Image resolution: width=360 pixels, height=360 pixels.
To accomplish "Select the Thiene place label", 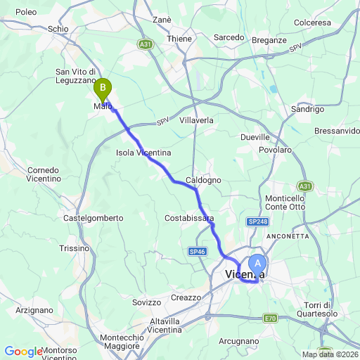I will pyautogui.click(x=179, y=39).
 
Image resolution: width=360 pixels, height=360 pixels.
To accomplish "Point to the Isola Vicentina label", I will pyautogui.click(x=143, y=152).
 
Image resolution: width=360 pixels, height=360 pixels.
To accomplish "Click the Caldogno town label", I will pyautogui.click(x=203, y=181).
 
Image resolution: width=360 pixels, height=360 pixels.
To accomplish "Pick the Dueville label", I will pyautogui.click(x=255, y=137).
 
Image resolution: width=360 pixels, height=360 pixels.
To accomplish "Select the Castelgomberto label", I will pyautogui.click(x=94, y=219).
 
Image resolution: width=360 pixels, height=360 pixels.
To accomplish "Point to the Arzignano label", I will pyautogui.click(x=34, y=309).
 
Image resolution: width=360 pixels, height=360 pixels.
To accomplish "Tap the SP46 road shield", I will pyautogui.click(x=197, y=251).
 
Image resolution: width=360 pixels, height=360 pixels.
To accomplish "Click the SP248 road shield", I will pyautogui.click(x=258, y=221).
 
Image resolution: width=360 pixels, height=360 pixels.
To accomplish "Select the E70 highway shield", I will pyautogui.click(x=271, y=319).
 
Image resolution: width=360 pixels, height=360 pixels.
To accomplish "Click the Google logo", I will pyautogui.click(x=22, y=352).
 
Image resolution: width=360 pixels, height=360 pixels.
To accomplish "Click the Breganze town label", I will pyautogui.click(x=270, y=40).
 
